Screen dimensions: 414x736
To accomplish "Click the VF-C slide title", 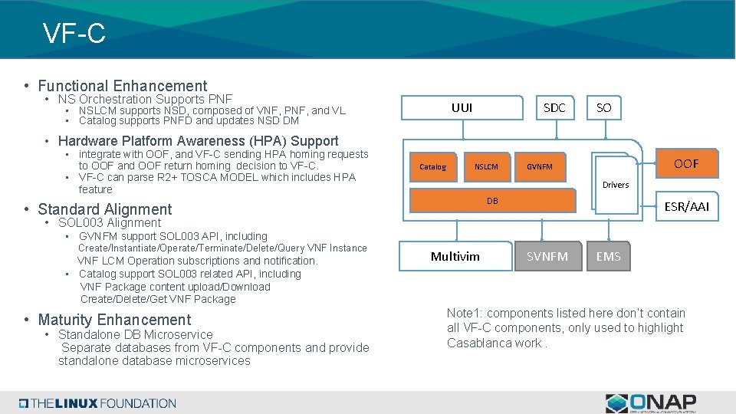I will click(x=74, y=33).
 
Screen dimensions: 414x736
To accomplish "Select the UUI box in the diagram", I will click(x=462, y=108).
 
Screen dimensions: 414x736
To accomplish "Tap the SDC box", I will click(x=554, y=108).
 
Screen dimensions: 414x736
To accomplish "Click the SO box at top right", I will click(x=603, y=108).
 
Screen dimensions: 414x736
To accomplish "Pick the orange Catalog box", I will click(x=432, y=166).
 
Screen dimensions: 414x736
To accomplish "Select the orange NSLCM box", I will click(x=486, y=166).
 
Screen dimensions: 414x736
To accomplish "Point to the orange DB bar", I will click(x=493, y=201).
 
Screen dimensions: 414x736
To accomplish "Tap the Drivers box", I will click(x=615, y=184).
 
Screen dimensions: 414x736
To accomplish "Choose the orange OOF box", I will click(x=685, y=163).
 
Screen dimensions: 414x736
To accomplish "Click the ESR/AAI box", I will click(x=687, y=206).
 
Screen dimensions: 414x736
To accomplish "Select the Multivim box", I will click(x=455, y=256).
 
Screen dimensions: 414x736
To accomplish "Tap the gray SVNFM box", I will click(x=547, y=256).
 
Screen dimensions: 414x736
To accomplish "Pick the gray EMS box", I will click(x=608, y=256).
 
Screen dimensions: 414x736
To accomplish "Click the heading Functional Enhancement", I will click(x=123, y=86).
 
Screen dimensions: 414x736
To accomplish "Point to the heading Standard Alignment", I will click(x=105, y=209).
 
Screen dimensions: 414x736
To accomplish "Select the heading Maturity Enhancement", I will click(x=114, y=320).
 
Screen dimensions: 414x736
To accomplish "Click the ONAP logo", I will click(x=651, y=402).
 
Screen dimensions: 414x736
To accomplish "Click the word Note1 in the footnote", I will click(x=464, y=313).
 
